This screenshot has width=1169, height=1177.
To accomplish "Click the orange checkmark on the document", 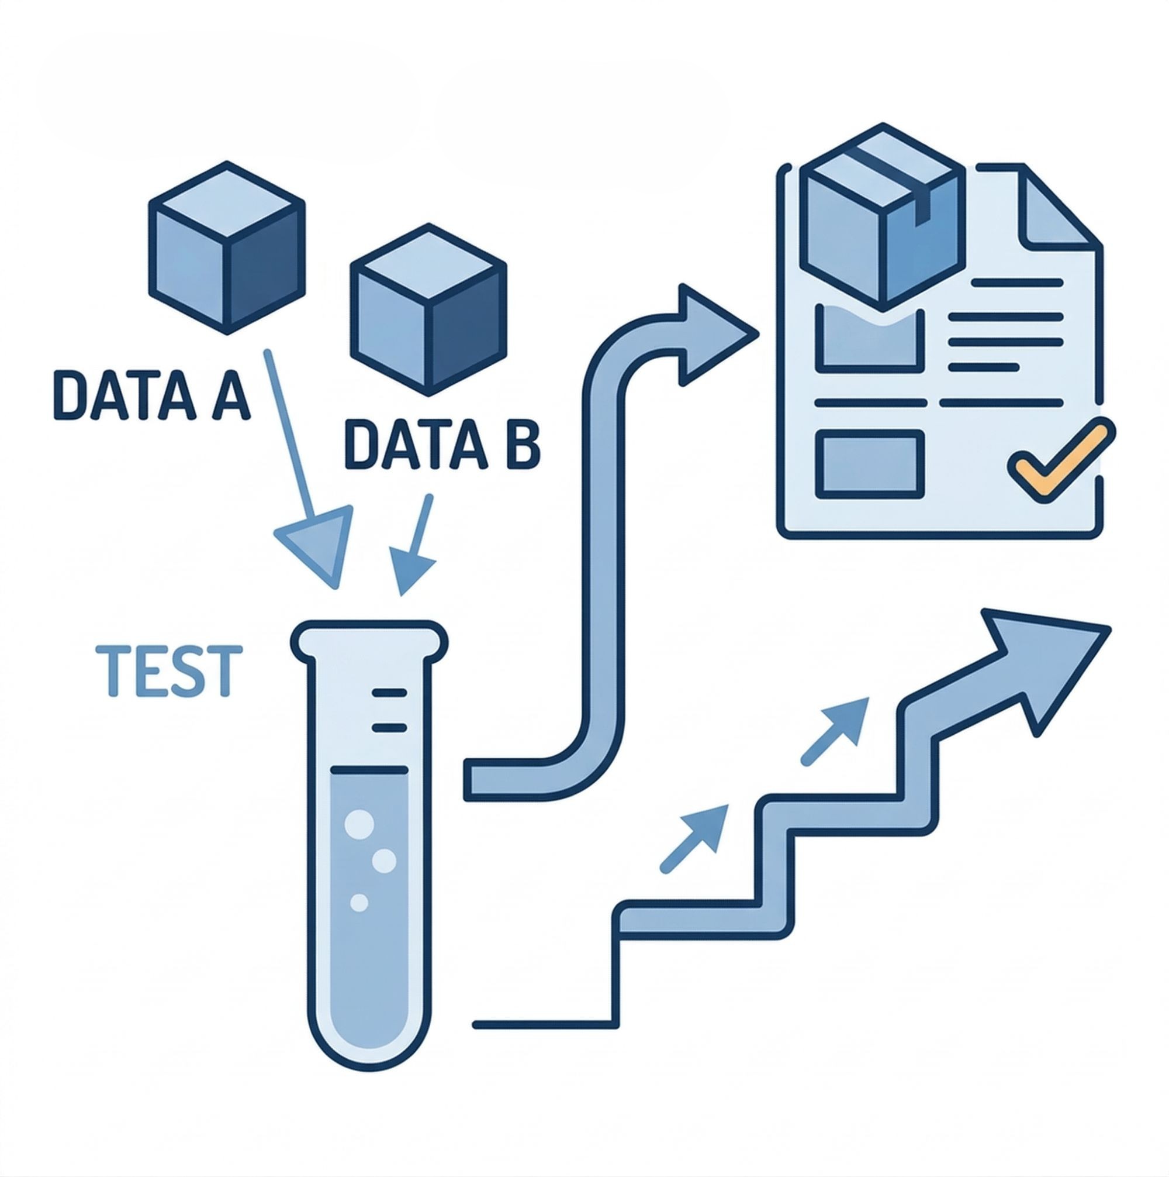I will click(x=1062, y=459).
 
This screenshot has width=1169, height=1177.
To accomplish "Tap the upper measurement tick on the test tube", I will click(x=389, y=693).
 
